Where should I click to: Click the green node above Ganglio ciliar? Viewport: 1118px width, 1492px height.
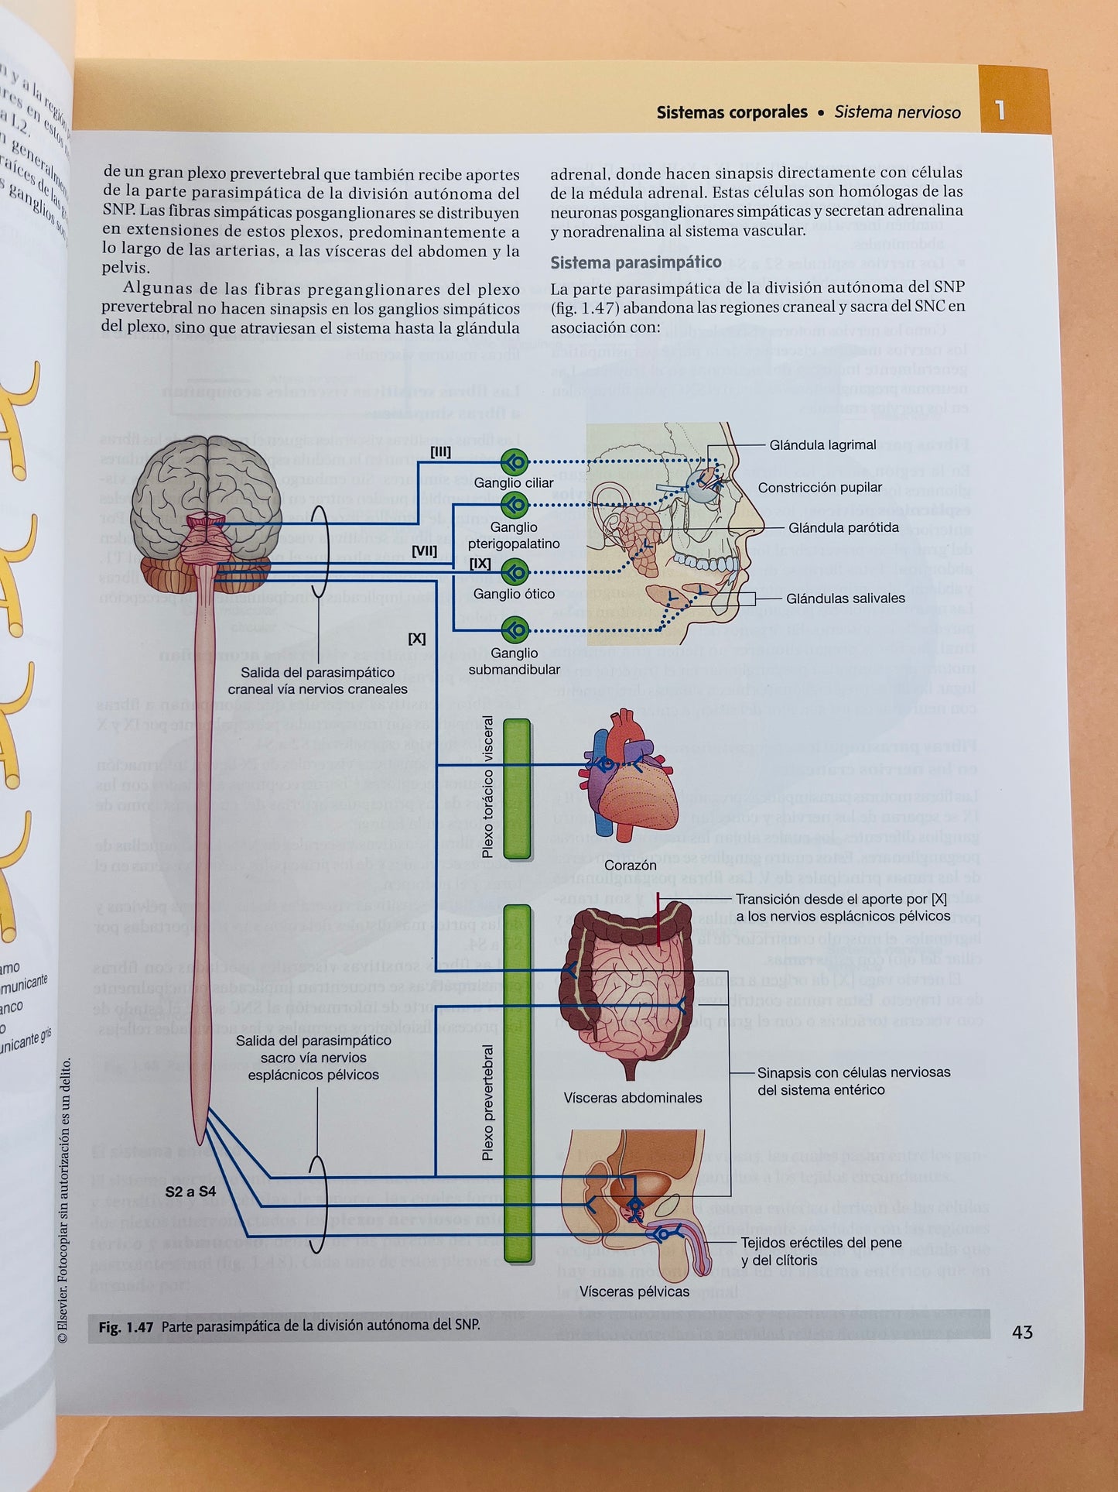click(515, 463)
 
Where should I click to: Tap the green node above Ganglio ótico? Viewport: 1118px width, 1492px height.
click(515, 573)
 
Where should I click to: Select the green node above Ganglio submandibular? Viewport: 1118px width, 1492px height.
click(515, 630)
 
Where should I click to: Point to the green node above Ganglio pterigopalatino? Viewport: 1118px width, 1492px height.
click(515, 506)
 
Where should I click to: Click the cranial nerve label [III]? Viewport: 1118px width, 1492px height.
click(440, 452)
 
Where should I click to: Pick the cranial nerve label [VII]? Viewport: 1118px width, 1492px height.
click(424, 551)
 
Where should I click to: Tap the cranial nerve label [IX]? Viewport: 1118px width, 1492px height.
click(480, 564)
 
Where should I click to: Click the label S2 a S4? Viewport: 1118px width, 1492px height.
click(190, 1192)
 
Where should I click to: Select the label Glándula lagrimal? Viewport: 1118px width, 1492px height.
click(822, 445)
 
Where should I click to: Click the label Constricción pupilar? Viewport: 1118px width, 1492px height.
click(819, 488)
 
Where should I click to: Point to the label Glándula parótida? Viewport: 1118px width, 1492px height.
click(843, 528)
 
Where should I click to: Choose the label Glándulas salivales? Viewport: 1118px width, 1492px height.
click(845, 599)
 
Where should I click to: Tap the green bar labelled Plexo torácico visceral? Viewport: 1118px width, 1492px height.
click(517, 788)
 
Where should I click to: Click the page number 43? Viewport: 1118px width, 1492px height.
click(1022, 1332)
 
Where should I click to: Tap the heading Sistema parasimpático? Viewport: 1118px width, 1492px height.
click(635, 262)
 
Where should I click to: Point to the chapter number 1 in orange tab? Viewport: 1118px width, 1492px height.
click(1000, 110)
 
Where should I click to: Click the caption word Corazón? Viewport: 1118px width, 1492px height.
click(630, 865)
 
